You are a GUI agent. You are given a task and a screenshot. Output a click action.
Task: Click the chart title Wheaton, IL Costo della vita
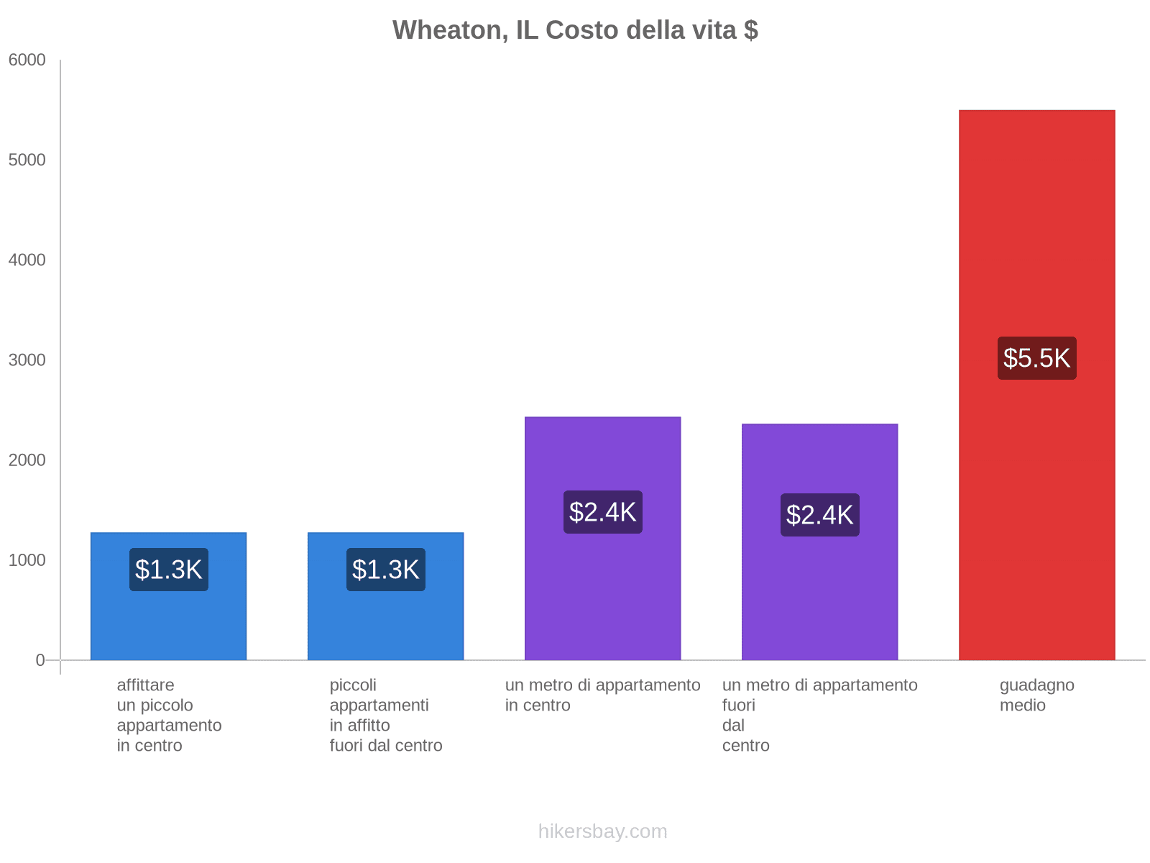point(575,30)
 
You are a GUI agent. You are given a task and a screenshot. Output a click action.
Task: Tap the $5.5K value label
point(1036,358)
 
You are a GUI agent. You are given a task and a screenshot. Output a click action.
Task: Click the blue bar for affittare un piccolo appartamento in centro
point(168,618)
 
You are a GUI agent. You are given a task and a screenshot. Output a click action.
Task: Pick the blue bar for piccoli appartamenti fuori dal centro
point(385,618)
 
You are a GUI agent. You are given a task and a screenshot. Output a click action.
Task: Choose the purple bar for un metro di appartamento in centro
point(602,590)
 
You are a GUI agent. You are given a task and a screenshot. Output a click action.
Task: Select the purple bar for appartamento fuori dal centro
point(819,590)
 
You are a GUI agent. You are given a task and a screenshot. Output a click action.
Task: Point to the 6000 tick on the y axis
point(27,60)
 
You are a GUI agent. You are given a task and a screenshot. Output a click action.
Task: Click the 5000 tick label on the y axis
point(27,160)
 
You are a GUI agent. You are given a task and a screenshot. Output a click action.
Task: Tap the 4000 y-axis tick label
point(27,260)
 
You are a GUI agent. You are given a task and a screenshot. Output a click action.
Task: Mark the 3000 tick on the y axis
point(27,360)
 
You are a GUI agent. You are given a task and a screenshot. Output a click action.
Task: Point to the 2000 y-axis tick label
point(27,460)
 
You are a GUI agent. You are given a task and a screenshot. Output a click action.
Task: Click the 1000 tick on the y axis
point(27,560)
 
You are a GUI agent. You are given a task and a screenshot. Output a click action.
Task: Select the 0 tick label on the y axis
point(40,660)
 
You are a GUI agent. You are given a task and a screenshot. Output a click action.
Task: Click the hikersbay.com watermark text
point(602,831)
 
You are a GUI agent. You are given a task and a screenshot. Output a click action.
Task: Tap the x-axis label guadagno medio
point(1036,695)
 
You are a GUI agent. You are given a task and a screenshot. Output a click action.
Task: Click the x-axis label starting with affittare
point(169,715)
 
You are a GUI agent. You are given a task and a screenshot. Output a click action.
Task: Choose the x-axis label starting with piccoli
point(386,715)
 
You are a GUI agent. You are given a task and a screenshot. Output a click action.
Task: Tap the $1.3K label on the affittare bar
point(168,570)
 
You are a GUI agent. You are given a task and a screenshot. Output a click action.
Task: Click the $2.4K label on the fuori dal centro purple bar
point(819,515)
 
